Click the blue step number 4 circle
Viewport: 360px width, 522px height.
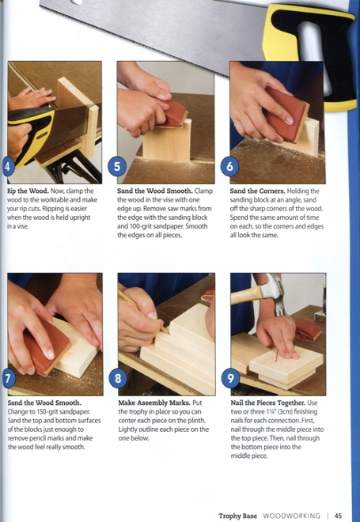(x=7, y=166)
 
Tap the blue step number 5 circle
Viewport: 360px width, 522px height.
(x=117, y=166)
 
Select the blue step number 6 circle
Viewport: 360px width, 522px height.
(x=229, y=166)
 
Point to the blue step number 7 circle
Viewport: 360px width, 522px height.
(x=8, y=378)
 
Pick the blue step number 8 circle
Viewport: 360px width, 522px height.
(x=118, y=378)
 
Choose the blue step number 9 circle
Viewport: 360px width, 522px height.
(x=230, y=378)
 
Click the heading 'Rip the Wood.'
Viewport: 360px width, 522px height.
(x=28, y=191)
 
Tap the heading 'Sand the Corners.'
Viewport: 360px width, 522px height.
(x=257, y=191)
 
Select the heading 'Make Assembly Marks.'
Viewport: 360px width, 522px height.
(x=154, y=403)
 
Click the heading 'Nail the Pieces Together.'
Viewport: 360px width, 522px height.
(x=268, y=403)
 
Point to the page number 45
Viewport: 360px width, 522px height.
(x=338, y=516)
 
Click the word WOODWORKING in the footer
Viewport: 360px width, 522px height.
(x=291, y=516)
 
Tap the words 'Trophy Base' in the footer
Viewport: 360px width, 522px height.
(x=238, y=516)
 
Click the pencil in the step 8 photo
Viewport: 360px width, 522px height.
(x=142, y=311)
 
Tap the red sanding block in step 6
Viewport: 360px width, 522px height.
(x=286, y=115)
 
